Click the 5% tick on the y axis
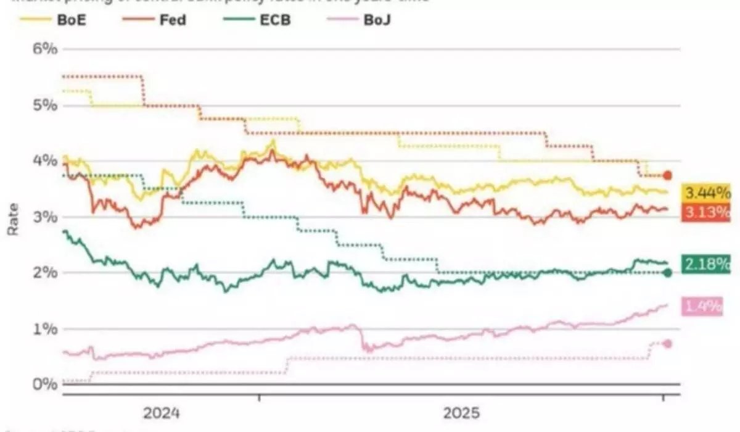(45, 105)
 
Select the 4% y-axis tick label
(45, 160)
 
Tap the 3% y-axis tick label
(45, 217)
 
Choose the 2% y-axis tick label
(45, 272)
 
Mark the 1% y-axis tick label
(45, 328)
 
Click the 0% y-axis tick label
(45, 384)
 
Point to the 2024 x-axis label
(162, 412)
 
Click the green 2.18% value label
(705, 265)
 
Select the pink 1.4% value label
(702, 306)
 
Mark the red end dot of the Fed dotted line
(667, 175)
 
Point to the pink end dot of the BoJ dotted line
(667, 344)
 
